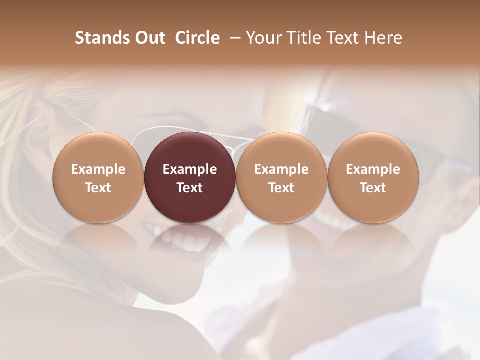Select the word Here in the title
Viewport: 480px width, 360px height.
point(383,38)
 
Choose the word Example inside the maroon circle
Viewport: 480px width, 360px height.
point(190,169)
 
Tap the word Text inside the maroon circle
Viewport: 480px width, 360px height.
point(190,188)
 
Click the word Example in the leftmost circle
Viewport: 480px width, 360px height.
point(98,169)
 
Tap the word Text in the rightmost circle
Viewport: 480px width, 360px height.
point(373,188)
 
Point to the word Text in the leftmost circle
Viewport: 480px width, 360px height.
point(98,188)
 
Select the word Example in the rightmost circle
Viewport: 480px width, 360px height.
point(373,169)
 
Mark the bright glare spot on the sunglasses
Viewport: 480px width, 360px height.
point(325,107)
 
